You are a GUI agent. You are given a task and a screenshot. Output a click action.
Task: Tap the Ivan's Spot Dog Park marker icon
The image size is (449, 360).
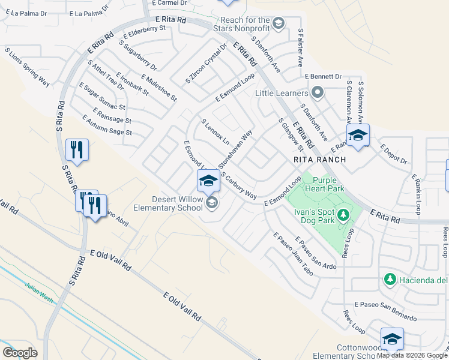[x=343, y=214]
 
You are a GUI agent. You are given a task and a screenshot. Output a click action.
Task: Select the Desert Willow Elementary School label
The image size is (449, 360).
[x=169, y=204]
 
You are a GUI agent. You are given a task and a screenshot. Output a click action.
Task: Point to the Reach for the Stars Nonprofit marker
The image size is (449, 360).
[x=278, y=23]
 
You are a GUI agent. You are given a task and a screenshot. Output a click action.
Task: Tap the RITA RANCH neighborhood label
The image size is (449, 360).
[x=320, y=160]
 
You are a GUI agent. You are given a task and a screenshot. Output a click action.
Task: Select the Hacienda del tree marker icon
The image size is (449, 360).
[x=390, y=280]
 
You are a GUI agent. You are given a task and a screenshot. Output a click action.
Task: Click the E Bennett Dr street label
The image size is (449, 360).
[x=323, y=77]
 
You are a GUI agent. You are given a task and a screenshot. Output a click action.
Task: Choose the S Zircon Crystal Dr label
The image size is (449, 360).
[x=206, y=63]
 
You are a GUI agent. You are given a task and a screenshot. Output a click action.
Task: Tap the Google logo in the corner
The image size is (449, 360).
[x=20, y=352]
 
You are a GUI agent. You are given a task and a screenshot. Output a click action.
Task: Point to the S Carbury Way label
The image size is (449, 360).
[x=238, y=186]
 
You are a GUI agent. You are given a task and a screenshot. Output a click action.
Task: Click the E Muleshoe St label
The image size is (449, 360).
[x=159, y=88]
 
